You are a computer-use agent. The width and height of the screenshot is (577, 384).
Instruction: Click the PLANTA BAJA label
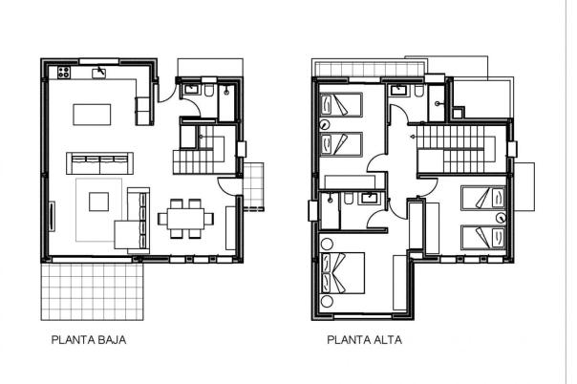click(x=88, y=339)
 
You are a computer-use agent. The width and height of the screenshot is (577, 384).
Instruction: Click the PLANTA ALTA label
click(x=364, y=339)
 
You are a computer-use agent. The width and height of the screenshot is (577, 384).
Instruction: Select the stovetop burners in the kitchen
click(x=64, y=72)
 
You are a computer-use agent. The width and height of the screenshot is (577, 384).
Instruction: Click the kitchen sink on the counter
click(x=98, y=71)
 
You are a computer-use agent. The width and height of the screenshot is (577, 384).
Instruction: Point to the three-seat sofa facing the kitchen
click(x=97, y=159)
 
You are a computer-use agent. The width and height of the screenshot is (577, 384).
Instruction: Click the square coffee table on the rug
click(x=98, y=201)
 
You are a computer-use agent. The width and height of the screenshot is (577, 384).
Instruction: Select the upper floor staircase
click(x=455, y=152)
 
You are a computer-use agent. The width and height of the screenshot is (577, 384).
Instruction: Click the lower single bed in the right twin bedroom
click(x=482, y=237)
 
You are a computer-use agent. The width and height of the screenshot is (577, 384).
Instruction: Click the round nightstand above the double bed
click(x=329, y=243)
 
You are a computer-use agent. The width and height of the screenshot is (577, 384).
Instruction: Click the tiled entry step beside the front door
click(x=255, y=186)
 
